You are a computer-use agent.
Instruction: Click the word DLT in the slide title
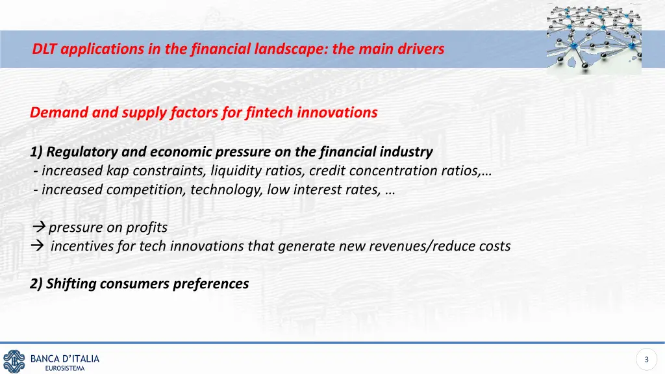point(44,49)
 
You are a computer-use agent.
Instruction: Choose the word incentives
point(82,246)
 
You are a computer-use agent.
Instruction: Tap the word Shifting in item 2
point(71,284)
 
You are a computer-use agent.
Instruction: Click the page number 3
point(646,359)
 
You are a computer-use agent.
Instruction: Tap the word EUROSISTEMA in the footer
point(65,369)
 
